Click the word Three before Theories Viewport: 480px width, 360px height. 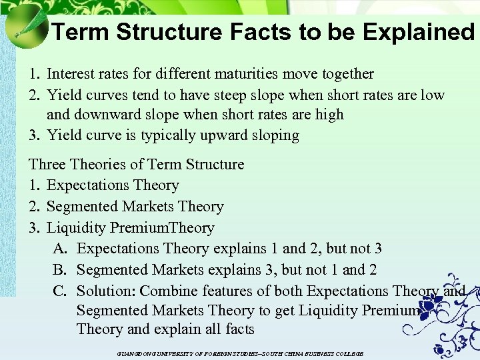tap(48, 164)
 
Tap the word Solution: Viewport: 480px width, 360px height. tap(107, 291)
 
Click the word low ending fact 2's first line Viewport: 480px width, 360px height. tap(432, 95)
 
